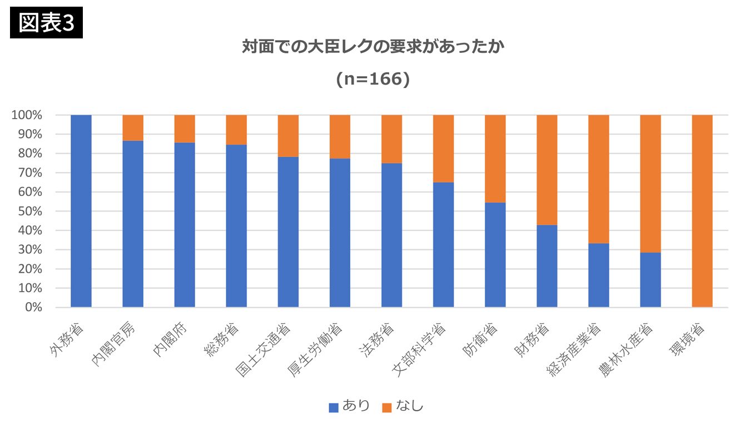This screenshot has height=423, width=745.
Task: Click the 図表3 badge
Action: (46, 23)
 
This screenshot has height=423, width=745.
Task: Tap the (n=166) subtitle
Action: (372, 80)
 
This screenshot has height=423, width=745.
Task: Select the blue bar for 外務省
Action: (81, 211)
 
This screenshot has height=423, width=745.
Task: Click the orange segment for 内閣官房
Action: (133, 127)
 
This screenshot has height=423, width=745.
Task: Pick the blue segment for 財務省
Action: (547, 266)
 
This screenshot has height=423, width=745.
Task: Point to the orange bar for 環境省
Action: (702, 211)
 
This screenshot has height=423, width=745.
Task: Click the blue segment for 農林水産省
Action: (650, 279)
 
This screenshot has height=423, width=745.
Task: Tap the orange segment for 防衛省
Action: (495, 159)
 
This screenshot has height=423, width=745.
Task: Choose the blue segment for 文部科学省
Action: (444, 245)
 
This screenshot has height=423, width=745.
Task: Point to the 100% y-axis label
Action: (27, 115)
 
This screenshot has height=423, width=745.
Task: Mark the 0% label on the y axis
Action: (33, 307)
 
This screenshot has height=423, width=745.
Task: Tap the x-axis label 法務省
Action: (381, 337)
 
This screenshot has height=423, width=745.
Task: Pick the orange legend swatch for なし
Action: (387, 407)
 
